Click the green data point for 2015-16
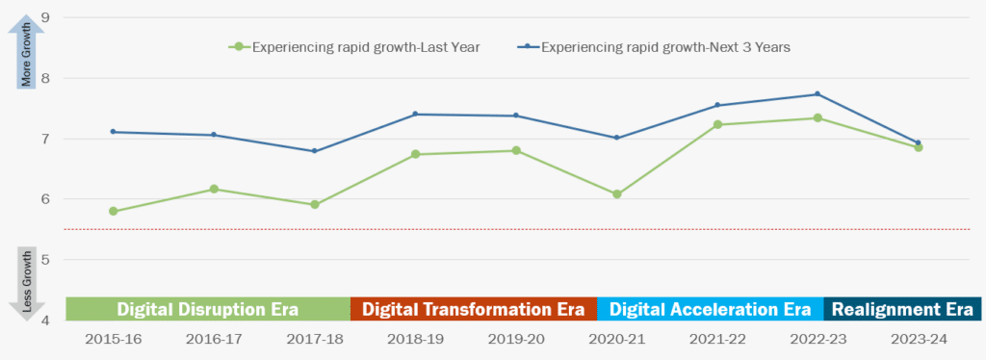tap(114, 211)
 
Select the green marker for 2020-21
tap(617, 194)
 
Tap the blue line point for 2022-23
tap(817, 94)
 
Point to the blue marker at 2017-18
tap(315, 151)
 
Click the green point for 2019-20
tap(516, 150)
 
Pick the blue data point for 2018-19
tap(415, 114)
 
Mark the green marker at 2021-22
tap(717, 124)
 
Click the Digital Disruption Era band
tap(207, 309)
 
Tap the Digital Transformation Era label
tap(473, 309)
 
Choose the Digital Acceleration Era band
tap(710, 309)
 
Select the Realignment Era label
tap(902, 309)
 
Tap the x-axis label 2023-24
tap(918, 340)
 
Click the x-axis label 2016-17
tap(214, 340)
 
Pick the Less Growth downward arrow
tap(28, 284)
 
